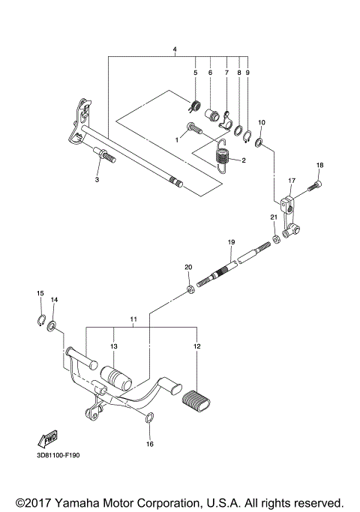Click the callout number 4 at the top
(x=175, y=49)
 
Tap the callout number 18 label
(x=319, y=165)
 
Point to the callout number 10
(x=262, y=121)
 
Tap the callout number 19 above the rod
(x=231, y=241)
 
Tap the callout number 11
(x=133, y=320)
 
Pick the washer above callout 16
(x=148, y=418)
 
